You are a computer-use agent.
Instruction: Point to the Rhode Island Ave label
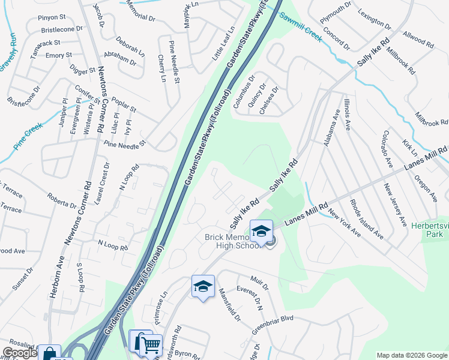[366, 219]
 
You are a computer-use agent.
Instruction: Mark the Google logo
[20, 353]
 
